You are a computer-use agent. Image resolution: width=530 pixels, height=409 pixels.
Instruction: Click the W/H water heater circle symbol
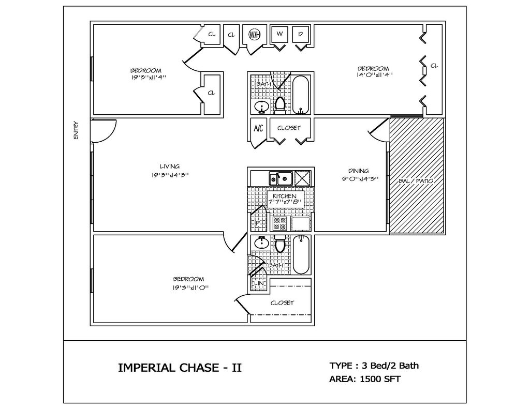click(x=254, y=35)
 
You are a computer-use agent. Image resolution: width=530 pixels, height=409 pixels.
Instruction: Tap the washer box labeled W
click(x=279, y=34)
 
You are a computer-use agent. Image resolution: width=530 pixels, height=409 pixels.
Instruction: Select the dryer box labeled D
click(x=301, y=34)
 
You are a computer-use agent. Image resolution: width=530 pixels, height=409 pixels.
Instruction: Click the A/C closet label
click(x=258, y=128)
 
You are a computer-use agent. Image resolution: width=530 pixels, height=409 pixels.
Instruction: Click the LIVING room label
click(x=169, y=166)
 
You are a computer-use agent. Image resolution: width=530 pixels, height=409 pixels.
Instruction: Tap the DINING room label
click(x=358, y=171)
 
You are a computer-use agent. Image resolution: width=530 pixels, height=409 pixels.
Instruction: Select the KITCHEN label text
click(x=284, y=196)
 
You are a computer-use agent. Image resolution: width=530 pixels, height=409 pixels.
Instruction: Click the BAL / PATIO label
click(x=416, y=181)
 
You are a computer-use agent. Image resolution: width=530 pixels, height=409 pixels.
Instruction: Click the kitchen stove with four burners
click(x=280, y=223)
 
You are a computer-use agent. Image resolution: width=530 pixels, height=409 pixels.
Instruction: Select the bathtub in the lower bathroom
click(x=301, y=254)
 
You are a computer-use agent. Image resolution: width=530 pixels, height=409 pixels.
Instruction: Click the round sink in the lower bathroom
click(x=261, y=242)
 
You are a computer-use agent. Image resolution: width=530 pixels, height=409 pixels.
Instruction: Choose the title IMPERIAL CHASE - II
click(x=180, y=368)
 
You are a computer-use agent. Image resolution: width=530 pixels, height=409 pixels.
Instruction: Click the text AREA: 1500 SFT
click(x=364, y=379)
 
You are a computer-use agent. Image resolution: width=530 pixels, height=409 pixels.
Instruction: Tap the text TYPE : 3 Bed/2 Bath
click(x=374, y=366)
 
